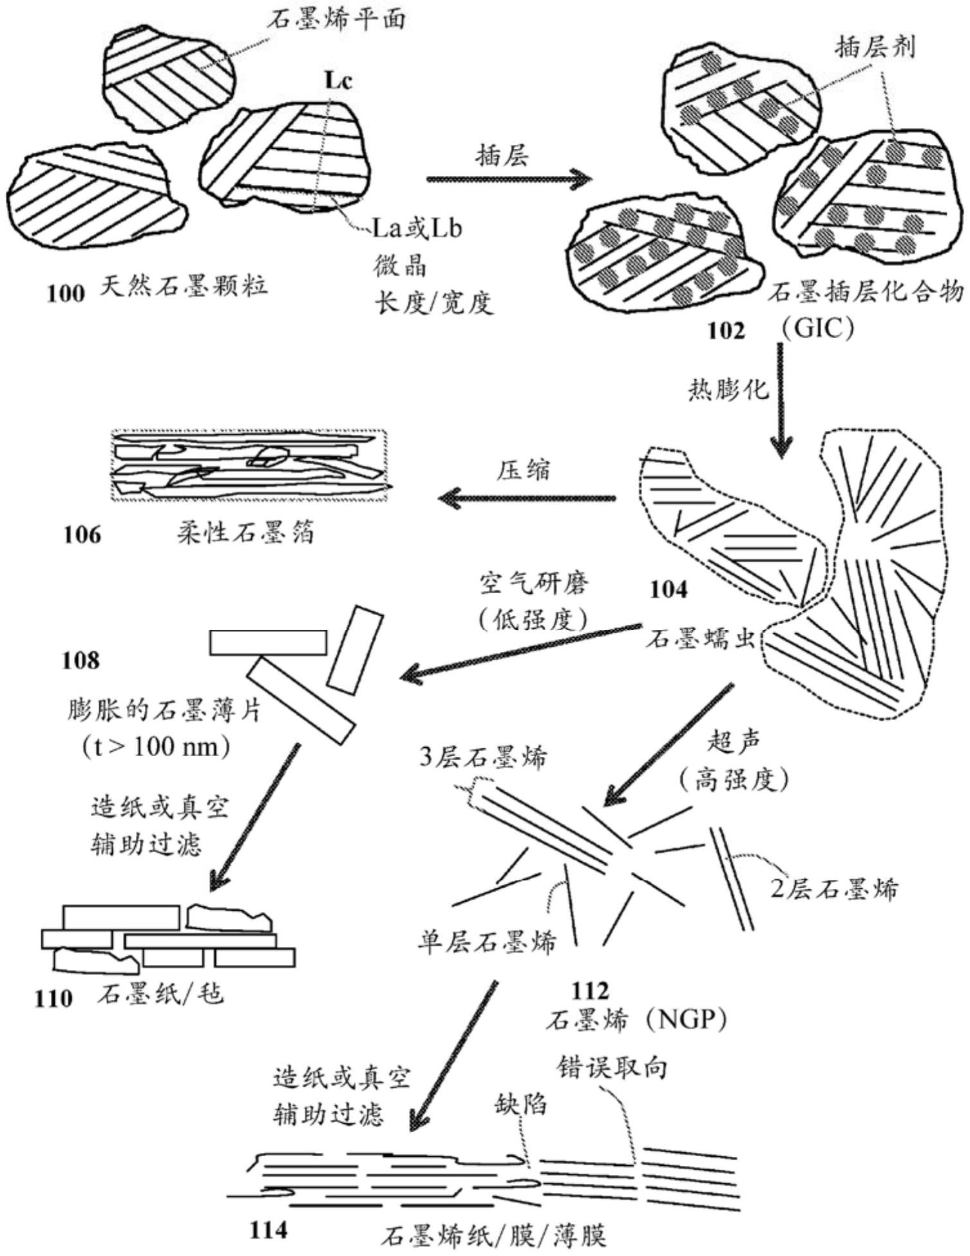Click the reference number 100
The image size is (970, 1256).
click(x=66, y=294)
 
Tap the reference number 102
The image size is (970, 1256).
click(x=726, y=330)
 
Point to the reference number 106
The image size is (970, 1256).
click(x=82, y=534)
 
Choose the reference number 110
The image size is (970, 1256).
click(x=53, y=998)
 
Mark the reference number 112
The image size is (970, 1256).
click(x=590, y=990)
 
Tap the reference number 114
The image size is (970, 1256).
click(x=268, y=1230)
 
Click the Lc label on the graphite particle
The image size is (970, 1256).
click(x=338, y=81)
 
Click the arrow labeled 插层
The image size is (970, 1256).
click(x=508, y=179)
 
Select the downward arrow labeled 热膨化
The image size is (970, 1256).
click(x=782, y=399)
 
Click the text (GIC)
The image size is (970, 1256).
click(x=817, y=329)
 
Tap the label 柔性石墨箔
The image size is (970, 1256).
click(x=246, y=533)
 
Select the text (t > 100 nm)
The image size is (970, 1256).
click(x=156, y=747)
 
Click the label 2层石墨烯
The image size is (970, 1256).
click(x=834, y=890)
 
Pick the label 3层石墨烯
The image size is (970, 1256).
click(x=483, y=757)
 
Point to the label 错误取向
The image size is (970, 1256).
click(x=611, y=1068)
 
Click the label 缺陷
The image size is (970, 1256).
click(x=520, y=1104)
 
